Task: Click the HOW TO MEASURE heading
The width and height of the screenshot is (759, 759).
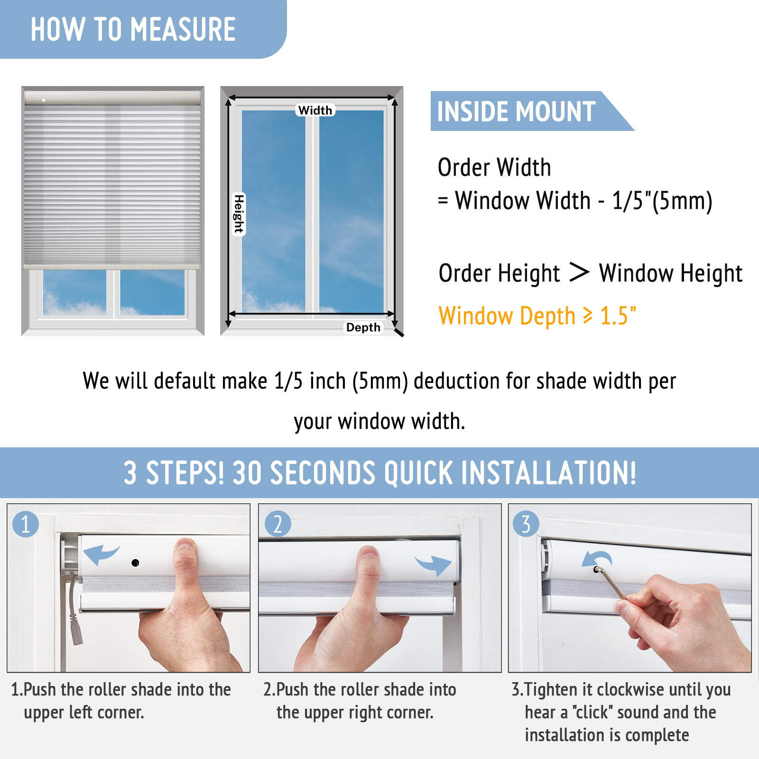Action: click(133, 29)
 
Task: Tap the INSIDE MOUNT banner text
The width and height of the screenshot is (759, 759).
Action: click(516, 111)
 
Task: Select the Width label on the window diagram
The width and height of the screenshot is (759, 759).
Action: click(315, 110)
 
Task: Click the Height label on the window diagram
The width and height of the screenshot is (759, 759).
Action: click(239, 214)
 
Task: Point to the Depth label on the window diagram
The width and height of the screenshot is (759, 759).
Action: click(363, 327)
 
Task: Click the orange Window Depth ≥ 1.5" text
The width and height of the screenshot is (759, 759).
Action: click(537, 316)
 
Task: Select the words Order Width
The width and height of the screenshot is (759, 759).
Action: click(494, 167)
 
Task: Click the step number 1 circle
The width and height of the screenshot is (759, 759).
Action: click(26, 524)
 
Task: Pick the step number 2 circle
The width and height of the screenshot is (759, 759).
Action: click(278, 524)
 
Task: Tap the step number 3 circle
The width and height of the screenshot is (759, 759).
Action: click(526, 524)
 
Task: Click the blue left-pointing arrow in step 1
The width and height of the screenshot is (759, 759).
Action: click(101, 554)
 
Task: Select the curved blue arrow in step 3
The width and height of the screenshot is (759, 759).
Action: click(597, 558)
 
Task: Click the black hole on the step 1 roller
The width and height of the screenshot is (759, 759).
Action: click(135, 563)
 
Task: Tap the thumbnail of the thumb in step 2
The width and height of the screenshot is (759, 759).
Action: click(369, 552)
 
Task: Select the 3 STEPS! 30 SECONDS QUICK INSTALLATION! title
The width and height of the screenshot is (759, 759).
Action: click(379, 473)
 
